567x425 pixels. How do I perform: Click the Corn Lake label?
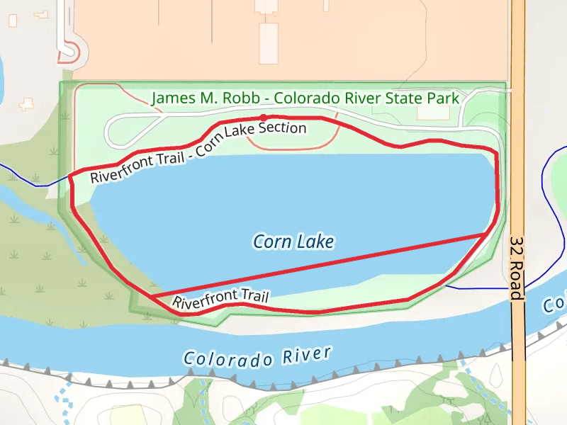(293, 242)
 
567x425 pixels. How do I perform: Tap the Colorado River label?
(257, 357)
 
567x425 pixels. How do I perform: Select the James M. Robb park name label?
(305, 98)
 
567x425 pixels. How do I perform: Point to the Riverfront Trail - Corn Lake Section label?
(198, 151)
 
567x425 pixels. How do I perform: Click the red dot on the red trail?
(263, 118)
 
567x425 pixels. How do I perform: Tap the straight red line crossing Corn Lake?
(319, 265)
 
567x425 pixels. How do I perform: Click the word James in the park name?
(170, 98)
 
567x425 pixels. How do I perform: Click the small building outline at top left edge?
(12, 19)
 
